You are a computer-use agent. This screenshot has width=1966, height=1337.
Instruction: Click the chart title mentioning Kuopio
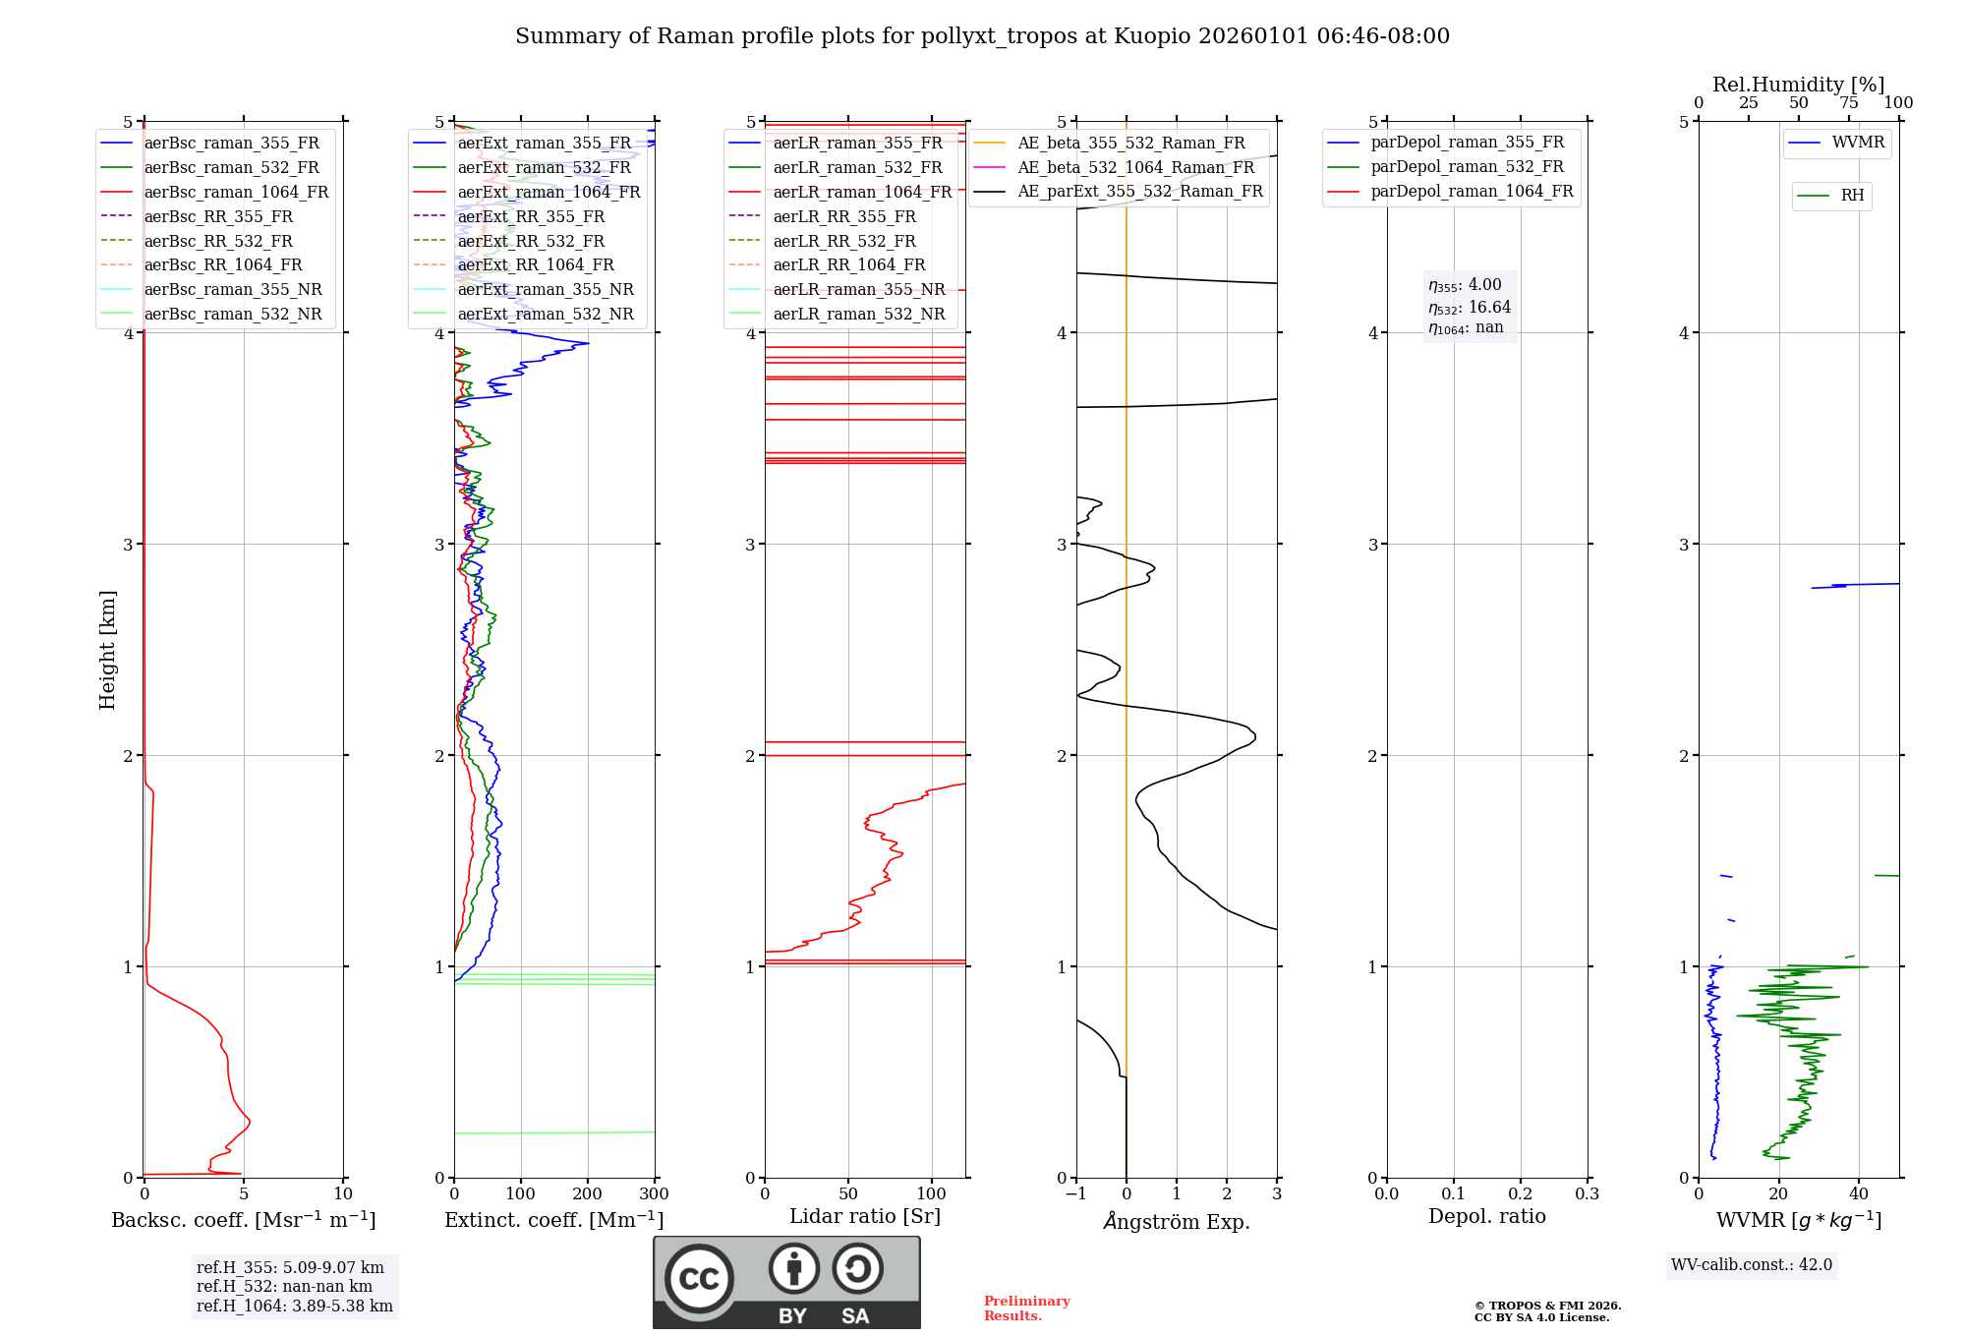982,36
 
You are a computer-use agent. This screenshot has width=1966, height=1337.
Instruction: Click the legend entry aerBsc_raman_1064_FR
236,192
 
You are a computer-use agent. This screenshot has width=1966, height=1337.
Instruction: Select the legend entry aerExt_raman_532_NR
546,314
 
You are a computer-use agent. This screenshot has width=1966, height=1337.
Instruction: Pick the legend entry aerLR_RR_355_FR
844,216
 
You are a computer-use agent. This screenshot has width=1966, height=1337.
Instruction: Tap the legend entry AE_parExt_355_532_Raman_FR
1140,191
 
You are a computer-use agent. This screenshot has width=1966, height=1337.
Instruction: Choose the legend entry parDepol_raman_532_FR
1467,166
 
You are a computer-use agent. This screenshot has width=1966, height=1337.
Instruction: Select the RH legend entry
1852,196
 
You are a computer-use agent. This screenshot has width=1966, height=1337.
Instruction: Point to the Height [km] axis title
107,649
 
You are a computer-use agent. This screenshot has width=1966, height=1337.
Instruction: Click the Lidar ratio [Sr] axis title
865,1216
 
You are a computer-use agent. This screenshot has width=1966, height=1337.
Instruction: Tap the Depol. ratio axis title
1486,1216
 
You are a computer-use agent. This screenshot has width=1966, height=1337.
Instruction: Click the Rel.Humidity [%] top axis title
1798,85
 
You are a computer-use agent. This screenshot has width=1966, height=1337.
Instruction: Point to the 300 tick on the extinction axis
655,1194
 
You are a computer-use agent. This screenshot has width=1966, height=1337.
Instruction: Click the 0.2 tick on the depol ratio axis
1521,1194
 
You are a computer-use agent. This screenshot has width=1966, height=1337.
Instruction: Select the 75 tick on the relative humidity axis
1849,103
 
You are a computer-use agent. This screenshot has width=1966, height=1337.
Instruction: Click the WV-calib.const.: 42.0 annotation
1752,1264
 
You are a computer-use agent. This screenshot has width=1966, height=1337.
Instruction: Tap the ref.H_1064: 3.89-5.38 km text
295,1306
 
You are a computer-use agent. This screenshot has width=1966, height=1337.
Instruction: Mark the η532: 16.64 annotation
1470,307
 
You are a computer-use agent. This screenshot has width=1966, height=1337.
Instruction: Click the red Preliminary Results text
1026,1308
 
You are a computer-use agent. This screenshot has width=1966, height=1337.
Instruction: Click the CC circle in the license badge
699,1278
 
